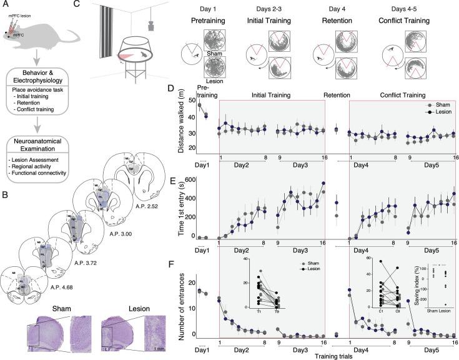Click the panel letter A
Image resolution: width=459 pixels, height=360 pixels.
(x=6, y=5)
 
